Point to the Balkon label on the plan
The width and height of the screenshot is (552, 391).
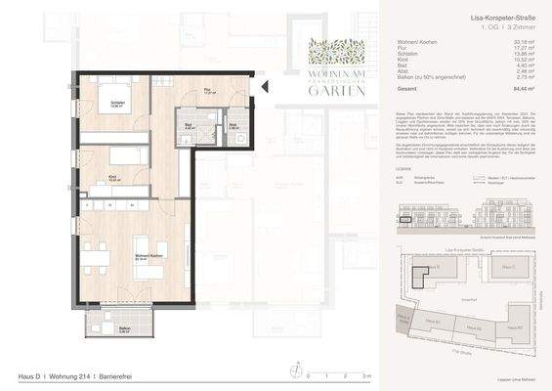[125, 329]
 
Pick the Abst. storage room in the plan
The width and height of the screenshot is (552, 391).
[233, 128]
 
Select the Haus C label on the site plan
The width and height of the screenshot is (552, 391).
[507, 266]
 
